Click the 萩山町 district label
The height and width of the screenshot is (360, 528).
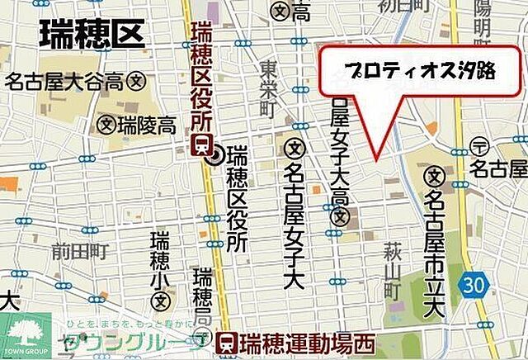pyautogui.click(x=392, y=268)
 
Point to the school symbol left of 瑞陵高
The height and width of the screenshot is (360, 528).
pyautogui.click(x=105, y=126)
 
